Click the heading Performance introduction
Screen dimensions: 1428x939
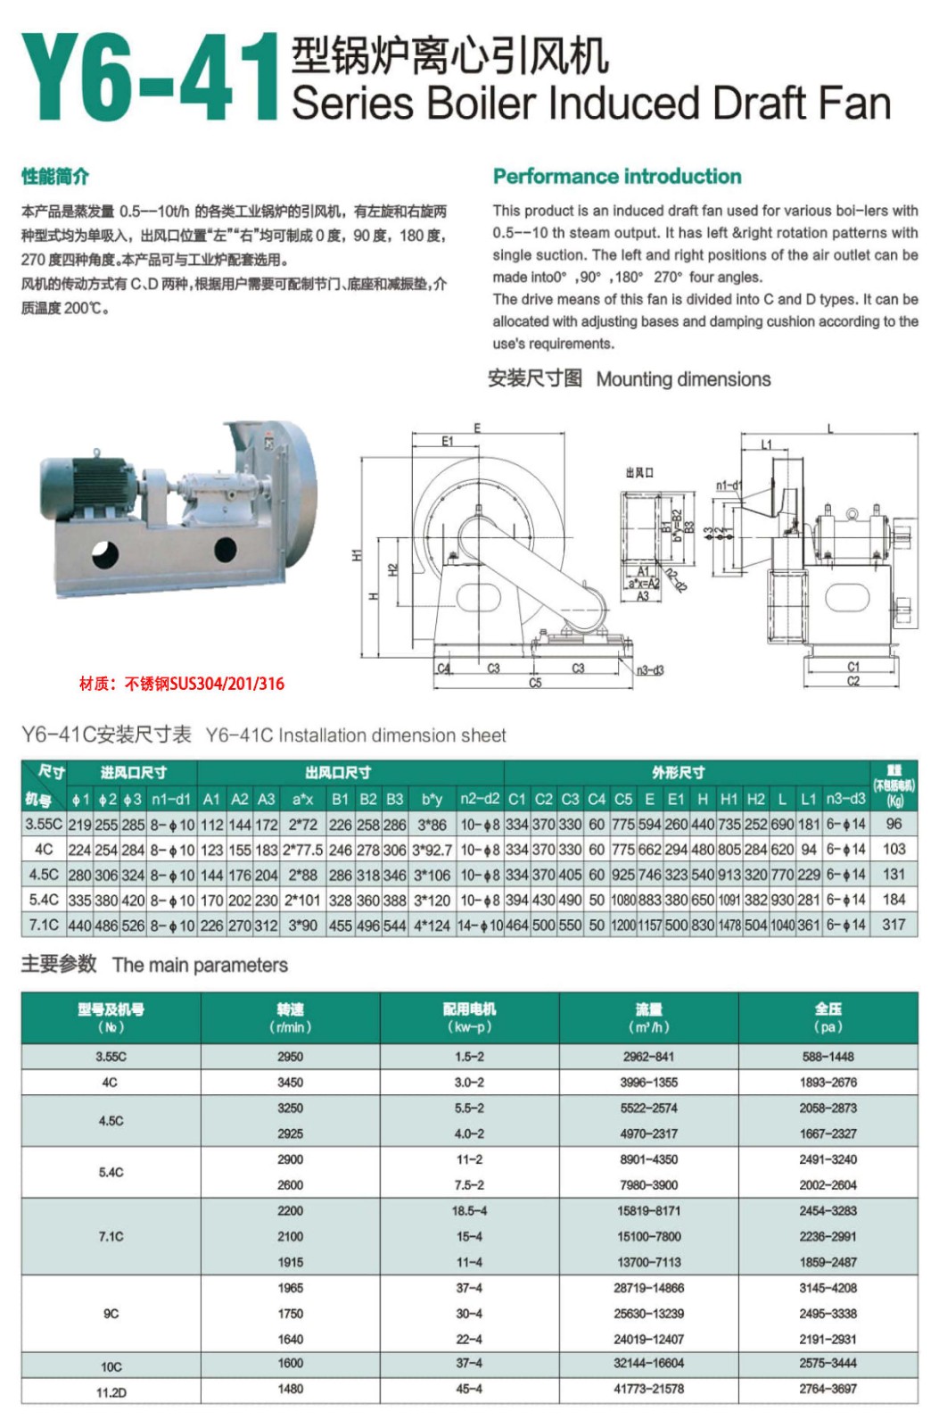click(x=617, y=176)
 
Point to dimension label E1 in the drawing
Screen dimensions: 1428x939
click(x=448, y=441)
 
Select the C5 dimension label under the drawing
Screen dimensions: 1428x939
click(x=535, y=683)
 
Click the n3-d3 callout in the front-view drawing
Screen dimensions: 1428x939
click(x=650, y=670)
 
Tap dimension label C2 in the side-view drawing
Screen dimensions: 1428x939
click(x=853, y=681)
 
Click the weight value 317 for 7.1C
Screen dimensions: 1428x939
click(x=894, y=925)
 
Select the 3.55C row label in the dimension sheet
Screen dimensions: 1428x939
click(x=44, y=824)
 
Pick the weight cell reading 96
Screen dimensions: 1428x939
click(x=894, y=824)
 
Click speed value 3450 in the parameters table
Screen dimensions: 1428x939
click(x=290, y=1082)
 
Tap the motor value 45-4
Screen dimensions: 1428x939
click(x=469, y=1389)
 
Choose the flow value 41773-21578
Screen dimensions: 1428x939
click(x=648, y=1389)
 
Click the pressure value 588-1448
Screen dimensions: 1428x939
click(x=828, y=1056)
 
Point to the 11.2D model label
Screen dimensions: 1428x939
click(x=111, y=1391)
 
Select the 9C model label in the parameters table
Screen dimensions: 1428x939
click(x=111, y=1313)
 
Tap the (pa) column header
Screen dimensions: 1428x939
click(x=828, y=1027)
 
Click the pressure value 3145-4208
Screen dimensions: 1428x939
click(x=828, y=1287)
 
